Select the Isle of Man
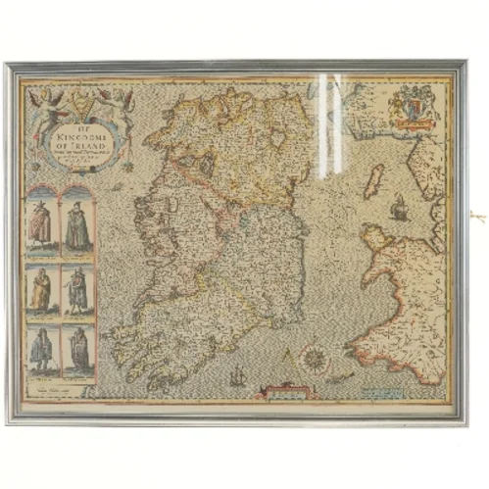coord(373,182)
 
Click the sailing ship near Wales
coord(398,208)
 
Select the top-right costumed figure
coord(76,225)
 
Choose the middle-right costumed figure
coord(76,290)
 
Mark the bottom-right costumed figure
coord(76,351)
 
